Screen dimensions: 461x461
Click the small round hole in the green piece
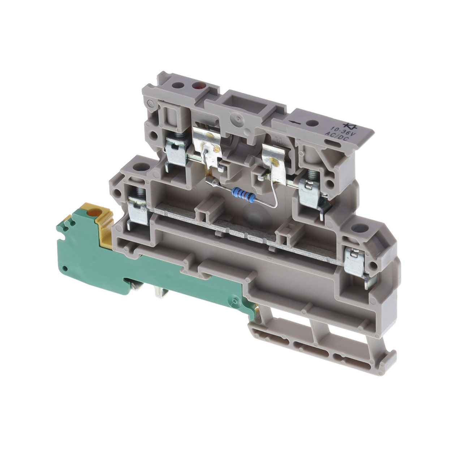pyautogui.click(x=65, y=268)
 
